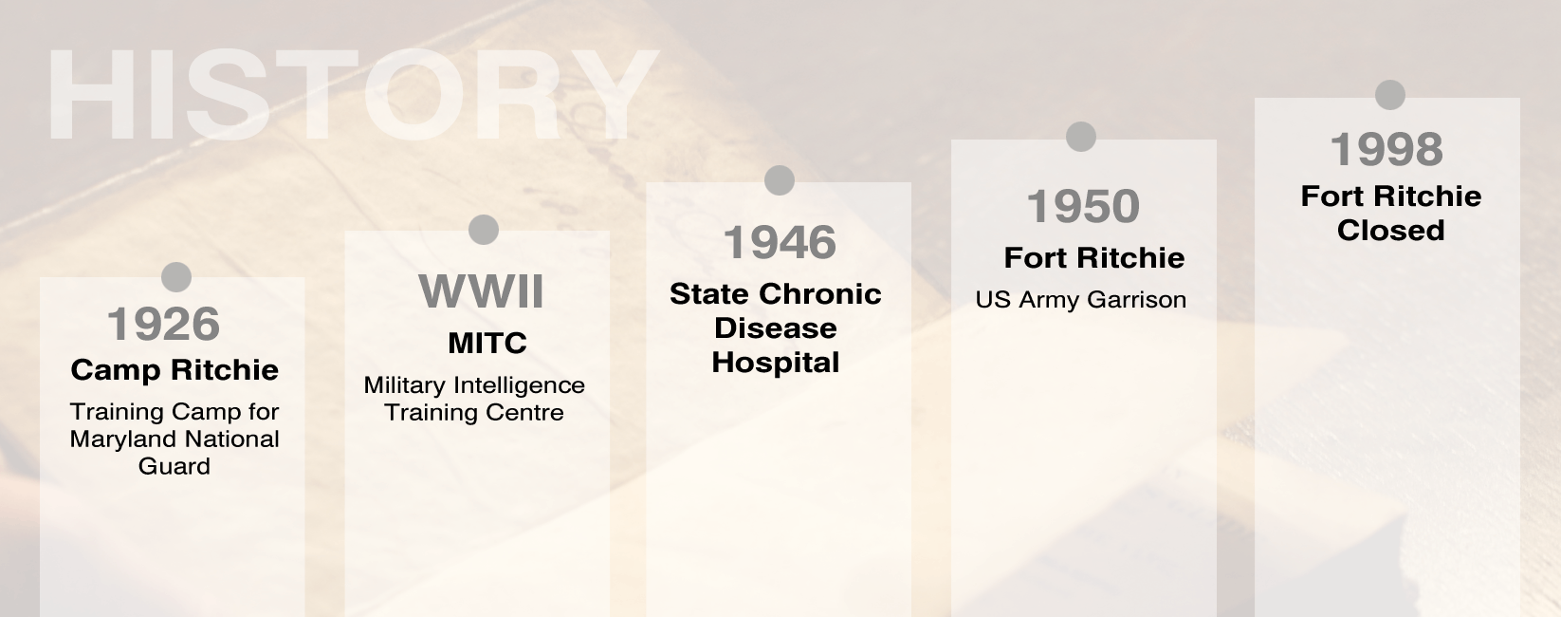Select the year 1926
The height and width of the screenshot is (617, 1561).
tap(163, 325)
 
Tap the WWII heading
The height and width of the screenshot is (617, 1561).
tap(481, 290)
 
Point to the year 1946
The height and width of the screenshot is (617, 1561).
tap(780, 242)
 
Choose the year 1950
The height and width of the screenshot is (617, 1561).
tap(1083, 206)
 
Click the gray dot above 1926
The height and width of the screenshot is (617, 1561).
tap(176, 277)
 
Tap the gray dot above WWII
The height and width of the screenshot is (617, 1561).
tap(484, 230)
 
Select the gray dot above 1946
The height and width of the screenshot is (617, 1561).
tap(780, 180)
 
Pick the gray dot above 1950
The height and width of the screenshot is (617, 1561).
tap(1081, 136)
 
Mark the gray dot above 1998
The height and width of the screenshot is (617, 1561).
tap(1390, 95)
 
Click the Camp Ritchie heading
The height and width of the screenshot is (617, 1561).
tap(174, 370)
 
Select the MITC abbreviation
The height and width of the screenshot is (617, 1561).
tap(487, 343)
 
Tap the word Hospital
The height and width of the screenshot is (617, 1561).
tap(776, 363)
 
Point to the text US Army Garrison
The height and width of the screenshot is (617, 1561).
tap(1081, 300)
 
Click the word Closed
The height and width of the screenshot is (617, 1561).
tap(1391, 230)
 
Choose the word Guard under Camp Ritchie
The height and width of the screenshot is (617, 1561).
tap(174, 466)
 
